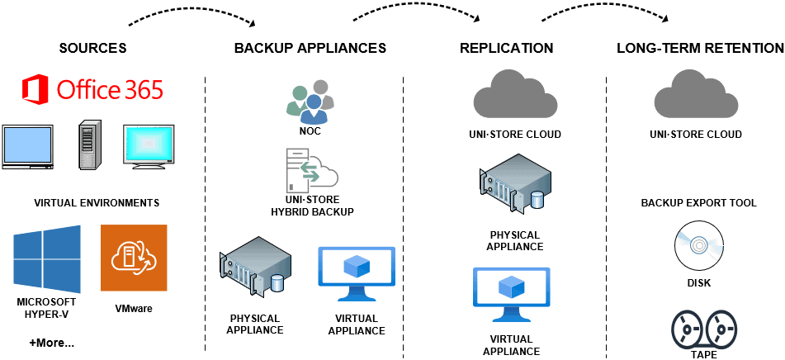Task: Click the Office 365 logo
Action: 92,88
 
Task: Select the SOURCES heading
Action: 92,48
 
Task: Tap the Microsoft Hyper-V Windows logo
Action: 47,259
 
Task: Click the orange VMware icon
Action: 134,258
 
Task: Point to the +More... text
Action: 51,343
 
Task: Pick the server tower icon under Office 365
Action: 90,145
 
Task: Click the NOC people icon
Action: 310,99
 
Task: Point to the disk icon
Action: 697,244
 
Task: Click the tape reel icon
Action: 698,329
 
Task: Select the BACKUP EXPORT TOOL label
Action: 698,203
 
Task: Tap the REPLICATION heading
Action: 506,48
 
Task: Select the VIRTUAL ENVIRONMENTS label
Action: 97,202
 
